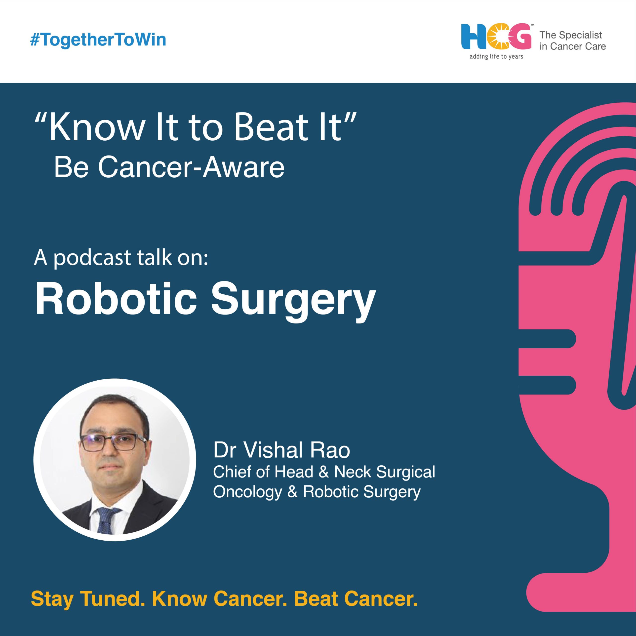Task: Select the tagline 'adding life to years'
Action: [x=496, y=57]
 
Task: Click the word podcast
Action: [x=92, y=258]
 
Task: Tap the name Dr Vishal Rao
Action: [x=281, y=450]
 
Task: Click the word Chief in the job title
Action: [x=232, y=472]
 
